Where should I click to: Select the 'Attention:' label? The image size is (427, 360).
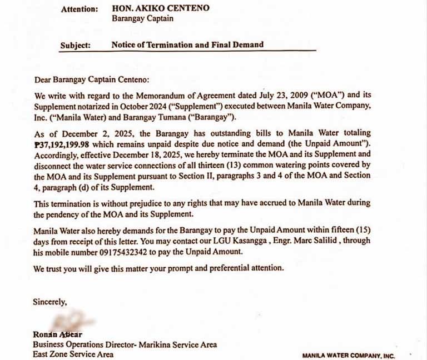tap(80, 9)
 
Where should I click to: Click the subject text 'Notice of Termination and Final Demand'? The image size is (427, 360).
tap(187, 44)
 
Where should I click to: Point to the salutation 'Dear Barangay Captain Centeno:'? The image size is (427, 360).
tap(92, 79)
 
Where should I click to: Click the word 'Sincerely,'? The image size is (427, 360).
tap(50, 302)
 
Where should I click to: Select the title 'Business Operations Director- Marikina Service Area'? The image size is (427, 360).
tap(125, 344)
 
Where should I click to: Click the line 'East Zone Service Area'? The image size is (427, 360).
tap(73, 354)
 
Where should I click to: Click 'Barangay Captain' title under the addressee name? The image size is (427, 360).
tap(143, 18)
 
